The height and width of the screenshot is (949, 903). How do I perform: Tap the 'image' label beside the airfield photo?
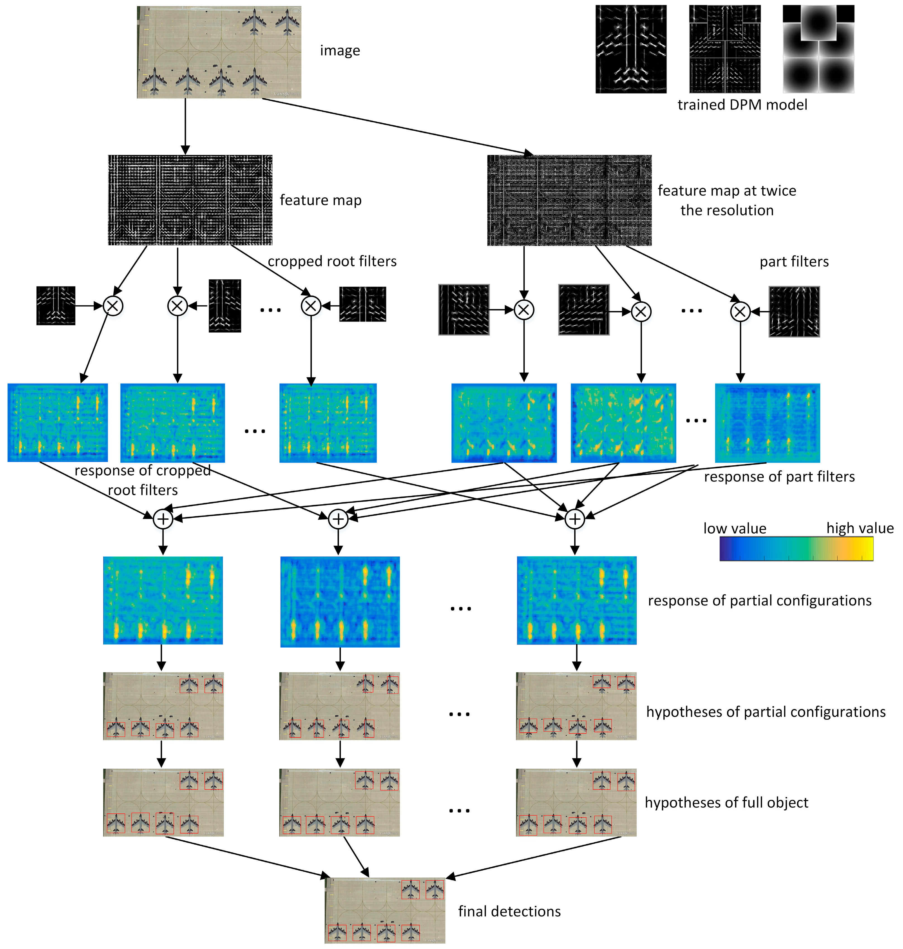[340, 51]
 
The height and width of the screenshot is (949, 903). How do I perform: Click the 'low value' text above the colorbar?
[735, 528]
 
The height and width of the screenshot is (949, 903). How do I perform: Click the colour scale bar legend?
[796, 549]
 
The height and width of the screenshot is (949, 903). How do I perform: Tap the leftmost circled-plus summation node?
[163, 519]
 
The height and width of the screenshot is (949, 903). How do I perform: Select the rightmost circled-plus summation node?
[575, 519]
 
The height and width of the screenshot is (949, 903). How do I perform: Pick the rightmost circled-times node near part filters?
[740, 312]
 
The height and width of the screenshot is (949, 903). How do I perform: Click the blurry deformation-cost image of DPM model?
[818, 49]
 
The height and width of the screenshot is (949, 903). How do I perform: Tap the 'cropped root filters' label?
[332, 261]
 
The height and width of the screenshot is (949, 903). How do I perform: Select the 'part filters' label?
[794, 262]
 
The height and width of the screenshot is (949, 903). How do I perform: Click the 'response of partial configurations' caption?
[759, 601]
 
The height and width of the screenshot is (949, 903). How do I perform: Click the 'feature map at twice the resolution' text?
[727, 200]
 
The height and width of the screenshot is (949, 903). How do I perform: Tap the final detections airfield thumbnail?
[385, 910]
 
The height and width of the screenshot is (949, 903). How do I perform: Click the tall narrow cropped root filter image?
[225, 306]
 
